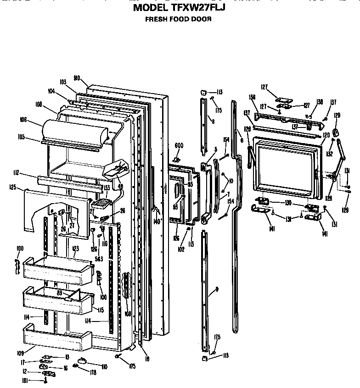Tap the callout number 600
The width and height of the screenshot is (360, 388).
[x=179, y=146]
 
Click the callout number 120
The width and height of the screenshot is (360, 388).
[x=326, y=135]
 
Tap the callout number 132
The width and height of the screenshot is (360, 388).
[x=330, y=155]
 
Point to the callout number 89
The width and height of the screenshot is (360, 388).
[x=60, y=292]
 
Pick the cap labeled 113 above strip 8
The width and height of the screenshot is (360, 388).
[x=203, y=93]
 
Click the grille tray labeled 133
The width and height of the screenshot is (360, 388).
[x=102, y=202]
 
